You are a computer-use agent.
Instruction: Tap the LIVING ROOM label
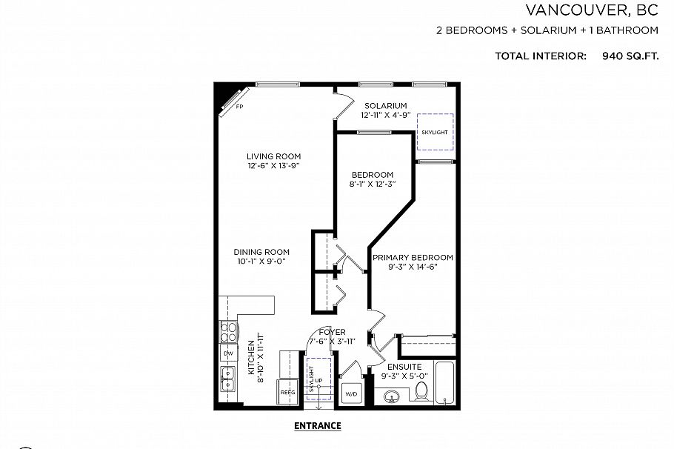click(274, 156)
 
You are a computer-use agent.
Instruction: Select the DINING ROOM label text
click(261, 251)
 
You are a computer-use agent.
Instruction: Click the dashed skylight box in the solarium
click(435, 131)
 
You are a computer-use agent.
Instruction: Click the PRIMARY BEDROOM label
click(413, 258)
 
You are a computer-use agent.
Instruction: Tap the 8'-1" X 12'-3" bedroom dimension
click(373, 184)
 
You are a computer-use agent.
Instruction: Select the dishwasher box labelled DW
click(227, 353)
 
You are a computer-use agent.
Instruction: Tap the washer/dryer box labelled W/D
click(350, 393)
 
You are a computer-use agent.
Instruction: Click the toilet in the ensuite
click(421, 389)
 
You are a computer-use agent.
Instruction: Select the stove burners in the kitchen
click(227, 331)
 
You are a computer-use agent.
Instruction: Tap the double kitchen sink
click(227, 378)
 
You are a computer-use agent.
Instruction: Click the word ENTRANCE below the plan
click(317, 426)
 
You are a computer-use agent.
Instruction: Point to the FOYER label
click(333, 332)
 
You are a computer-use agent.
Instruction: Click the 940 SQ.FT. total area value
click(630, 56)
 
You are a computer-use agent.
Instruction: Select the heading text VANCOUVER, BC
click(592, 10)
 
